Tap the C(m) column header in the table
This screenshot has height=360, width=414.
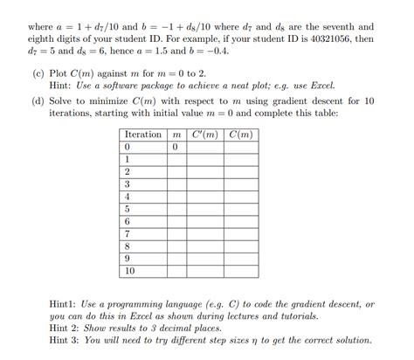[241, 135]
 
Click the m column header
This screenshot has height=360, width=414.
[176, 135]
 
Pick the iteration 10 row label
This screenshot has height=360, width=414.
[129, 272]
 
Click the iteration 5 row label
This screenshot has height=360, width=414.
[128, 210]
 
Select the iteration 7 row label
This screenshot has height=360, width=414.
[128, 234]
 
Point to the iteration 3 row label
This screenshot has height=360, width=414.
[128, 184]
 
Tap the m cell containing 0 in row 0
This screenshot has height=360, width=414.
[176, 147]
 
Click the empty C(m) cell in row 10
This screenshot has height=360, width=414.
[241, 272]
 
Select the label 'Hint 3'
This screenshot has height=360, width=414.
[66, 340]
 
